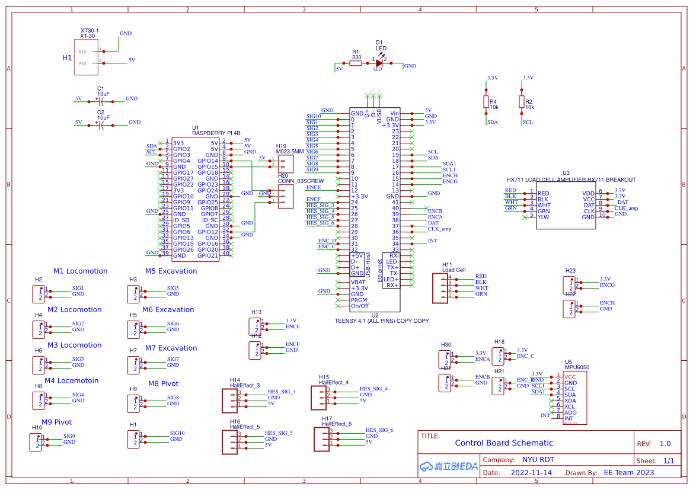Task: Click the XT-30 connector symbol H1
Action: point(86,57)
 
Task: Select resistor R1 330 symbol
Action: point(356,63)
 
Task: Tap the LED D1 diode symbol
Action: point(379,63)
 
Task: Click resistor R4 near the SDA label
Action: point(486,102)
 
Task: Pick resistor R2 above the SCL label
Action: point(522,102)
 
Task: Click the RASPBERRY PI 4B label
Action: point(216,133)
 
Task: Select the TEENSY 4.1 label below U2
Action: point(381,321)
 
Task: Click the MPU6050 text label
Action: point(577,367)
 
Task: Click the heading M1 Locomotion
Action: point(81,271)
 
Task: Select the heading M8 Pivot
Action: point(163,384)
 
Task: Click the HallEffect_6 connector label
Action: point(336,424)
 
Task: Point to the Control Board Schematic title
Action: point(503,443)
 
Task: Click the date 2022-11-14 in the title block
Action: point(531,473)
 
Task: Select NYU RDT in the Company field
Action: point(538,460)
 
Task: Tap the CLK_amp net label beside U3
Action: point(626,208)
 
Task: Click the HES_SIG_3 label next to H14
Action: point(282,392)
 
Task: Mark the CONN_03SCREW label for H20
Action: point(301,181)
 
